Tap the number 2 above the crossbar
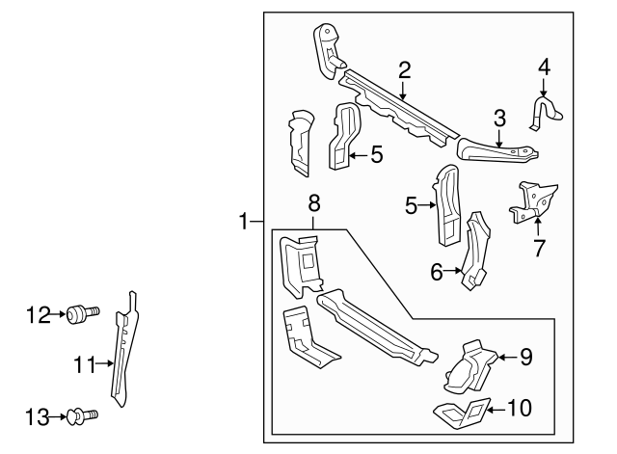(x=405, y=68)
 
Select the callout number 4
(x=544, y=67)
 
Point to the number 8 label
(x=313, y=203)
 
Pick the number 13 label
(x=38, y=415)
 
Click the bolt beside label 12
(x=80, y=313)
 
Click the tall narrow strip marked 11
(x=121, y=352)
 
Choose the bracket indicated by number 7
(x=533, y=200)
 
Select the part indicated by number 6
(x=477, y=253)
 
